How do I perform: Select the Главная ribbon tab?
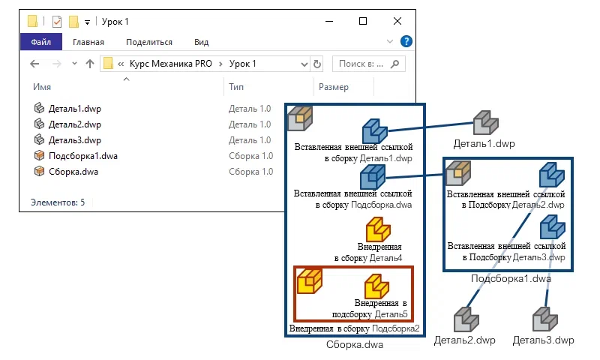88,43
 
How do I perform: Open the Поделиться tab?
149,43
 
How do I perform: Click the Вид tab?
201,43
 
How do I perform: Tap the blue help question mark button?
406,42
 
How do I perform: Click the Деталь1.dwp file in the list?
74,109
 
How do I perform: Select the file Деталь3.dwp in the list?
74,140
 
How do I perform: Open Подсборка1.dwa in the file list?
82,156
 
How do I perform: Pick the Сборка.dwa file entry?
73,172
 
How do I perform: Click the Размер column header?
334,88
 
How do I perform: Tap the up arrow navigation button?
90,64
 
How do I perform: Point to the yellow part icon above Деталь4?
378,229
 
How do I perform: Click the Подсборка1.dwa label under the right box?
511,279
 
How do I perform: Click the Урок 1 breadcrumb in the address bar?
243,64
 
